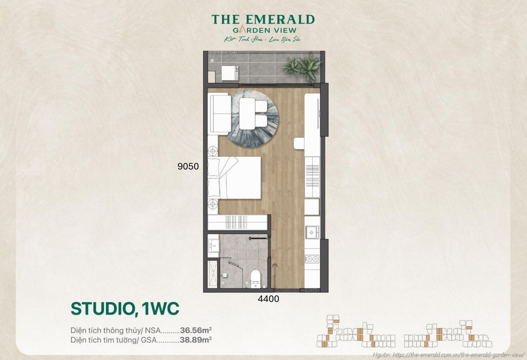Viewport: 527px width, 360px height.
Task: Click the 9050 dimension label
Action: [x=188, y=166]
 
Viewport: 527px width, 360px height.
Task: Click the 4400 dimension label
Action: [x=268, y=299]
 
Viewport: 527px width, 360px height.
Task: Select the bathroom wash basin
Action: [x=213, y=246]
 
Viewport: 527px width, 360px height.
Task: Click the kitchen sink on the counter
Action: [x=312, y=232]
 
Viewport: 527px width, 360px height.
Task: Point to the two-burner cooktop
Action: [x=312, y=259]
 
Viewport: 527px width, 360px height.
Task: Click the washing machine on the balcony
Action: [x=230, y=73]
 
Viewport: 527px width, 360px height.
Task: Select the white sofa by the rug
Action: [x=220, y=113]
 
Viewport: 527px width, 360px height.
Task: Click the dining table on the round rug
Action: [x=247, y=113]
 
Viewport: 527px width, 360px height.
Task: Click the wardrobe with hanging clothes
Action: [x=237, y=222]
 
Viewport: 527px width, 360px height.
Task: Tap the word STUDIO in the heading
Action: [x=102, y=309]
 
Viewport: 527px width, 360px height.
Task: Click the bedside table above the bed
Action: [x=213, y=151]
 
